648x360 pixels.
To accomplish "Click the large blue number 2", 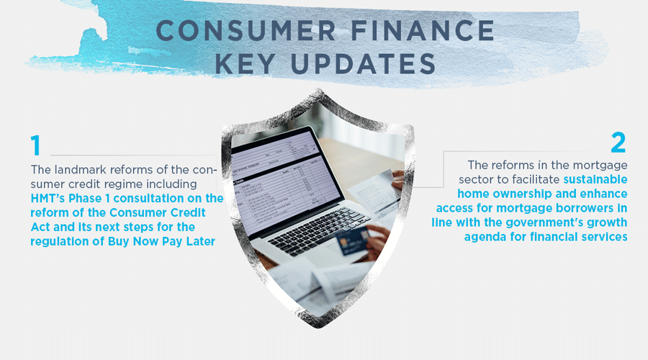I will click(x=618, y=142).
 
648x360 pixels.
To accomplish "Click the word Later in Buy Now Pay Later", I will click(x=199, y=242).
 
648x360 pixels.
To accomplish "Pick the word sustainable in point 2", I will click(x=595, y=179).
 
